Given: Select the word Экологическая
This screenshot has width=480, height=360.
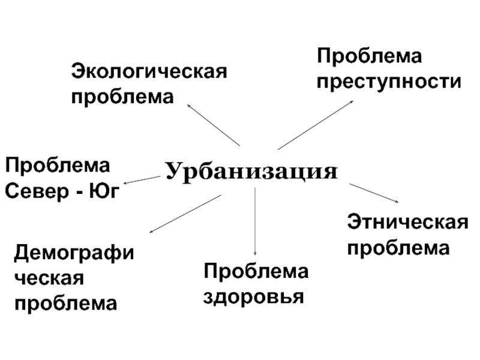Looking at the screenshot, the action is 149,72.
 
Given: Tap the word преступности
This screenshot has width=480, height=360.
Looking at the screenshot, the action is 389,82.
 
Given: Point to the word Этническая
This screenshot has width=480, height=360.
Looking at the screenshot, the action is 408,223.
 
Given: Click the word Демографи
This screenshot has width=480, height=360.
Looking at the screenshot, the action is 74,253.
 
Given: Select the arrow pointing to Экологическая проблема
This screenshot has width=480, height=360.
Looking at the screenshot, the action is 214,124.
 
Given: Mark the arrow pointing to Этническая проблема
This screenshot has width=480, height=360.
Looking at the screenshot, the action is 373,193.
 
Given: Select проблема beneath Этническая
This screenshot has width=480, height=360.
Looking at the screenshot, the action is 398,248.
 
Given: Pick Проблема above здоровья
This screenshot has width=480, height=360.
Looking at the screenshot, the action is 256,271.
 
